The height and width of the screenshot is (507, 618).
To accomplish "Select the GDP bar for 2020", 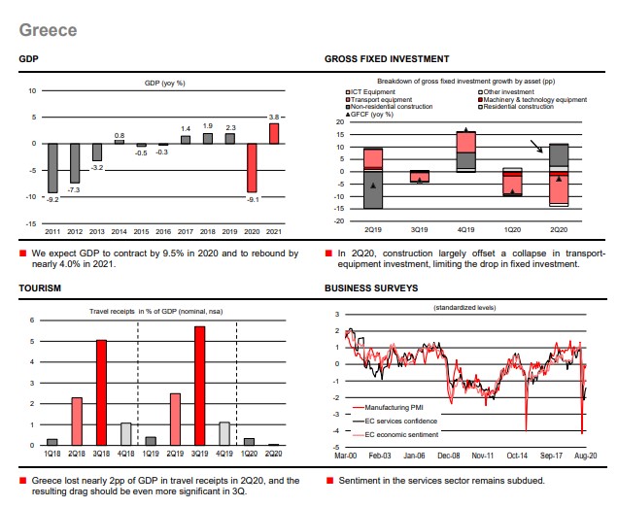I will coord(252,167).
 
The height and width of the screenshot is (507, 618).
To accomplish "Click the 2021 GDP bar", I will coord(274,133).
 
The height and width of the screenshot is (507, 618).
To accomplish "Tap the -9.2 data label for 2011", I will coord(53,199).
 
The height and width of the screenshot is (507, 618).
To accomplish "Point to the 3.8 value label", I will coord(274,117).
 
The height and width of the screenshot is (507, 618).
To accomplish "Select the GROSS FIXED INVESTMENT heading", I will coord(386,59).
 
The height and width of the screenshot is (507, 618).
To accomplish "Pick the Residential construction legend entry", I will coord(516,106).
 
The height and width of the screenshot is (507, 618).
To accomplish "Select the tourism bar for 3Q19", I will coord(200,386).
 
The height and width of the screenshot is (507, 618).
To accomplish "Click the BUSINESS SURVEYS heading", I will coord(371,289).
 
